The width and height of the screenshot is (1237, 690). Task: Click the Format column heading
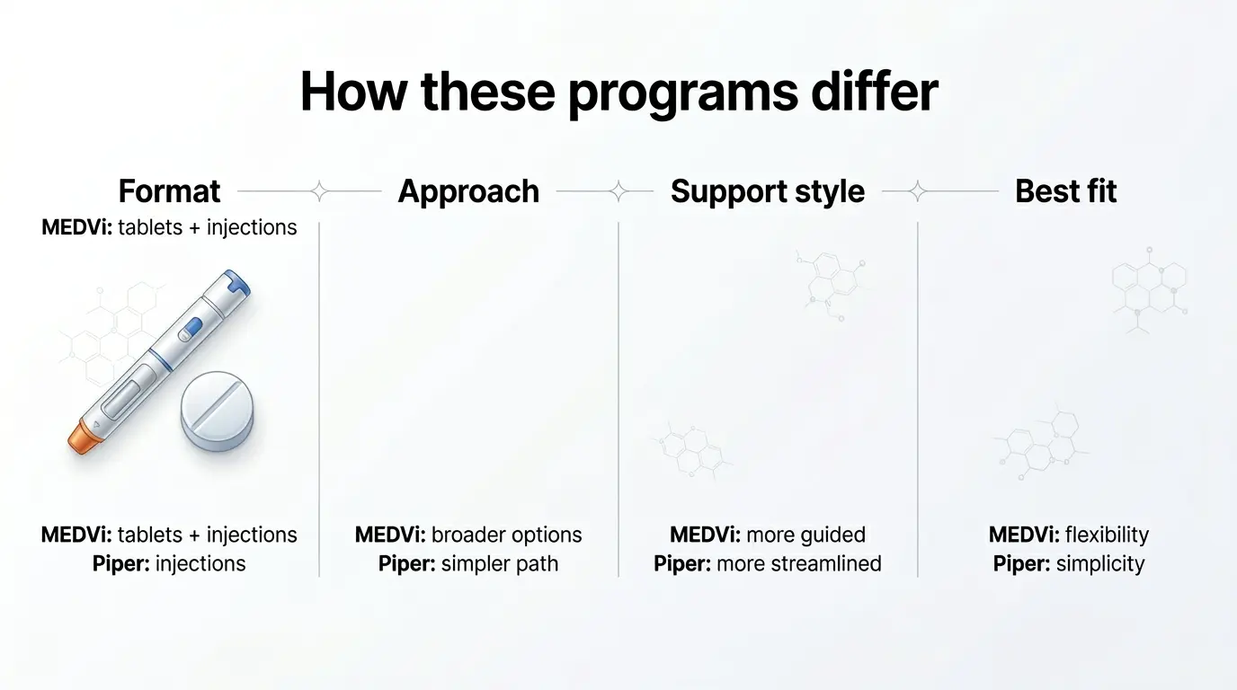click(x=169, y=191)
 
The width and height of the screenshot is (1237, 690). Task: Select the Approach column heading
click(x=468, y=191)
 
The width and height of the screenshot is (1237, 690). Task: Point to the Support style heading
click(x=767, y=191)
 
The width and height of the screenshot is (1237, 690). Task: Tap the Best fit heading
click(x=1065, y=191)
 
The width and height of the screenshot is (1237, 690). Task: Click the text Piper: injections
click(x=169, y=564)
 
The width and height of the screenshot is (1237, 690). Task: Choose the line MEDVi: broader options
click(x=468, y=535)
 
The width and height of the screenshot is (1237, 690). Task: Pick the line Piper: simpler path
click(x=468, y=564)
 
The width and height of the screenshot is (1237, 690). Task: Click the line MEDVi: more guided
click(x=767, y=535)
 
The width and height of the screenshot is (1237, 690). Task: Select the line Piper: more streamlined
click(x=767, y=564)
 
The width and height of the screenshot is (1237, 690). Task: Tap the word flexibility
click(x=1107, y=535)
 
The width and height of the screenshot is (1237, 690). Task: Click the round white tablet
click(x=217, y=411)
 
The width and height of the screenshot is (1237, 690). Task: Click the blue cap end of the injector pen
click(x=236, y=286)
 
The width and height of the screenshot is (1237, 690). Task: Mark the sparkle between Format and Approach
click(x=318, y=191)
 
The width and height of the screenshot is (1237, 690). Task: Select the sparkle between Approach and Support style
click(x=618, y=191)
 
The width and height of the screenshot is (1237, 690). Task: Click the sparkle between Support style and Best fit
click(x=917, y=191)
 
